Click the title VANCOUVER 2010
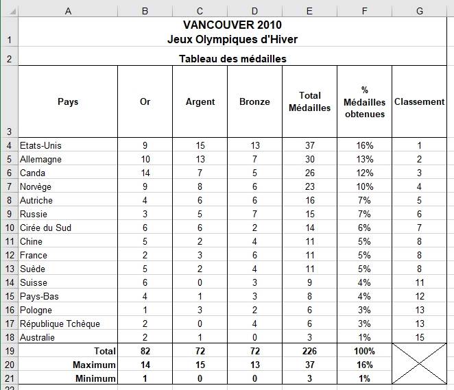(x=232, y=25)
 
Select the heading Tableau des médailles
(x=232, y=59)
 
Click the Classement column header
(x=419, y=101)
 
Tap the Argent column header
(x=200, y=101)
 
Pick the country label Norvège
(x=36, y=186)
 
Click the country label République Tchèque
(x=60, y=324)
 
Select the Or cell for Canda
(x=145, y=173)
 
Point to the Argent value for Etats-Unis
(x=200, y=145)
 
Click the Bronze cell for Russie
(x=254, y=214)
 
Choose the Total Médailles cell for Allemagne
(x=310, y=159)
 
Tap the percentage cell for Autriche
(x=364, y=200)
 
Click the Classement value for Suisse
(x=419, y=282)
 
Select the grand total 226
(x=310, y=351)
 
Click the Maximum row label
(x=93, y=365)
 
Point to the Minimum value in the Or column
(x=145, y=378)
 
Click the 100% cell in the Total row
(x=364, y=351)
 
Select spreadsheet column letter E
(x=310, y=10)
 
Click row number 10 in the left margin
(x=9, y=228)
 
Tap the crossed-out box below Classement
(x=419, y=365)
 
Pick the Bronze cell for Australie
(x=254, y=337)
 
